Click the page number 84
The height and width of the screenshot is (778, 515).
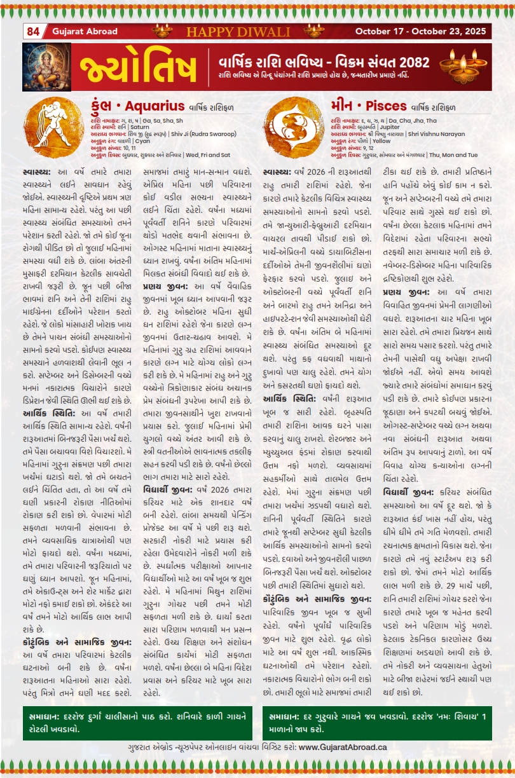pyautogui.click(x=33, y=31)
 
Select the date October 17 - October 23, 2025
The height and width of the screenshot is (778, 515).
pyautogui.click(x=422, y=31)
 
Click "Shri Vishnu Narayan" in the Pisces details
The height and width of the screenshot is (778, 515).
pyautogui.click(x=432, y=134)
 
